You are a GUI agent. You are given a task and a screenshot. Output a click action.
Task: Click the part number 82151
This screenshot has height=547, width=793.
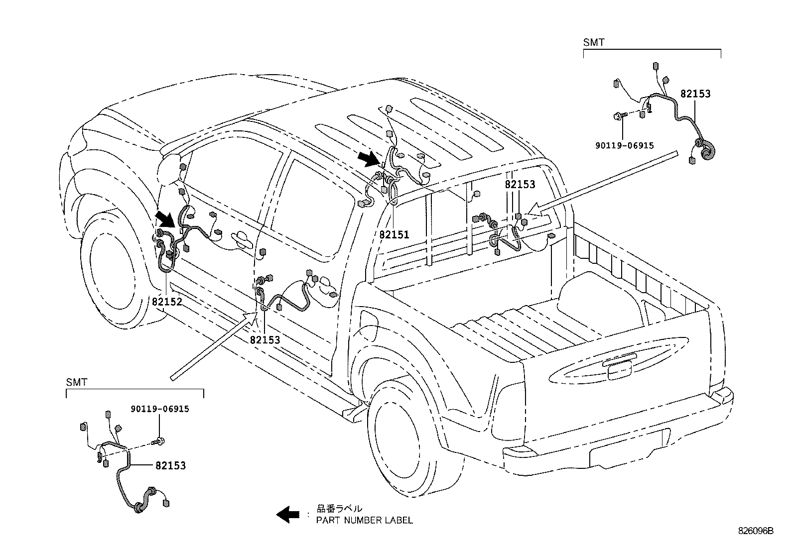[x=394, y=234]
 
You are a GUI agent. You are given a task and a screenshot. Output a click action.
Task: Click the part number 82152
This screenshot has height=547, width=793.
[x=167, y=302]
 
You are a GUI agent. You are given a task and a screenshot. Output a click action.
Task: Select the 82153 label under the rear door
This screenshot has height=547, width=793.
[x=265, y=340]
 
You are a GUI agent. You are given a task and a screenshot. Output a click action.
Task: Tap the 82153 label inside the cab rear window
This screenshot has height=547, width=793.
[x=520, y=184]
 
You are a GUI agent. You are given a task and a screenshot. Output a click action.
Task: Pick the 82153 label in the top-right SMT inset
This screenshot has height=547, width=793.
[x=695, y=94]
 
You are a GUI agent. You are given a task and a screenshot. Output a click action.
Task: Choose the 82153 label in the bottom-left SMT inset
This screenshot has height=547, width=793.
[x=171, y=466]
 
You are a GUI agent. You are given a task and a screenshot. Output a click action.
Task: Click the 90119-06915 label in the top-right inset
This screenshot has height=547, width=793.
[x=625, y=145]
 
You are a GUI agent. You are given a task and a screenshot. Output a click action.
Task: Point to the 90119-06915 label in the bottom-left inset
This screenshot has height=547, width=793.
[x=160, y=409]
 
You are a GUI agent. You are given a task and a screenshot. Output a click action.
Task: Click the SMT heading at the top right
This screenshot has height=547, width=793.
[x=594, y=42]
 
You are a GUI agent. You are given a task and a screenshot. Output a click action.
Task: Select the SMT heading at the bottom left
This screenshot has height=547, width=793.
[x=77, y=382]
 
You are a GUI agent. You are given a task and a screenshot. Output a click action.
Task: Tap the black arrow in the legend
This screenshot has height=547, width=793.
[x=287, y=515]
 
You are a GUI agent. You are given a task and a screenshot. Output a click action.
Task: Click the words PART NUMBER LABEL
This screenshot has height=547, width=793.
[x=364, y=521]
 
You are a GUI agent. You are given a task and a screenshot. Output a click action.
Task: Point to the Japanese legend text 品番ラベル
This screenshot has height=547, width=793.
[x=339, y=509]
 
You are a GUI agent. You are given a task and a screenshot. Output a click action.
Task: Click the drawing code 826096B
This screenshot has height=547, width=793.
[x=756, y=531]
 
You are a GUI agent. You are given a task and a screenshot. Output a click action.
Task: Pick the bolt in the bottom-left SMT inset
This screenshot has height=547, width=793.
[x=158, y=441]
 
